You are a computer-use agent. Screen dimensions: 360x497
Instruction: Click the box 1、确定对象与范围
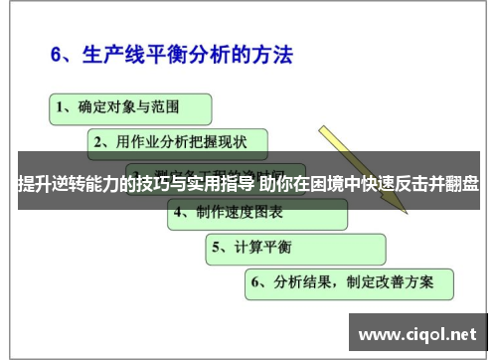tap(129, 104)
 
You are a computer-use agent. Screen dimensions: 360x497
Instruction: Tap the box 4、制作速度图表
tap(256, 213)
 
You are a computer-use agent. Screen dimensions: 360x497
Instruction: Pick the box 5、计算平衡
tap(295, 248)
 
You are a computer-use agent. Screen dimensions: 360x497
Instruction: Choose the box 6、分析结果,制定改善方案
tap(348, 282)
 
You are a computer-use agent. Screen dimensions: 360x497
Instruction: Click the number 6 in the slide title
tap(58, 53)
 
